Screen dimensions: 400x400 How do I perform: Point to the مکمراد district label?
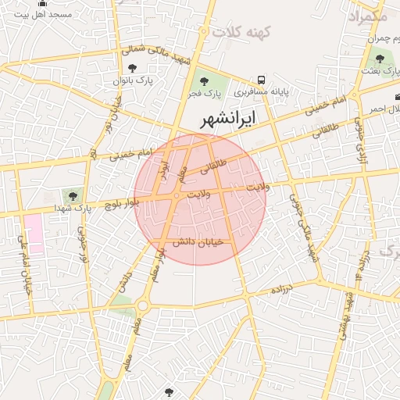coord(366,16)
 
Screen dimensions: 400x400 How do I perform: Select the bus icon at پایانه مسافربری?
coord(261,80)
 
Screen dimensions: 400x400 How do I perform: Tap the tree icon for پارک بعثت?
coord(380,58)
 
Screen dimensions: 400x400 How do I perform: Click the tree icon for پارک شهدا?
coord(73,196)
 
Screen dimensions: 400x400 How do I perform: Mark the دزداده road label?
coord(280,289)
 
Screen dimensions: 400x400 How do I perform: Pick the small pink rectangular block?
coord(34,233)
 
